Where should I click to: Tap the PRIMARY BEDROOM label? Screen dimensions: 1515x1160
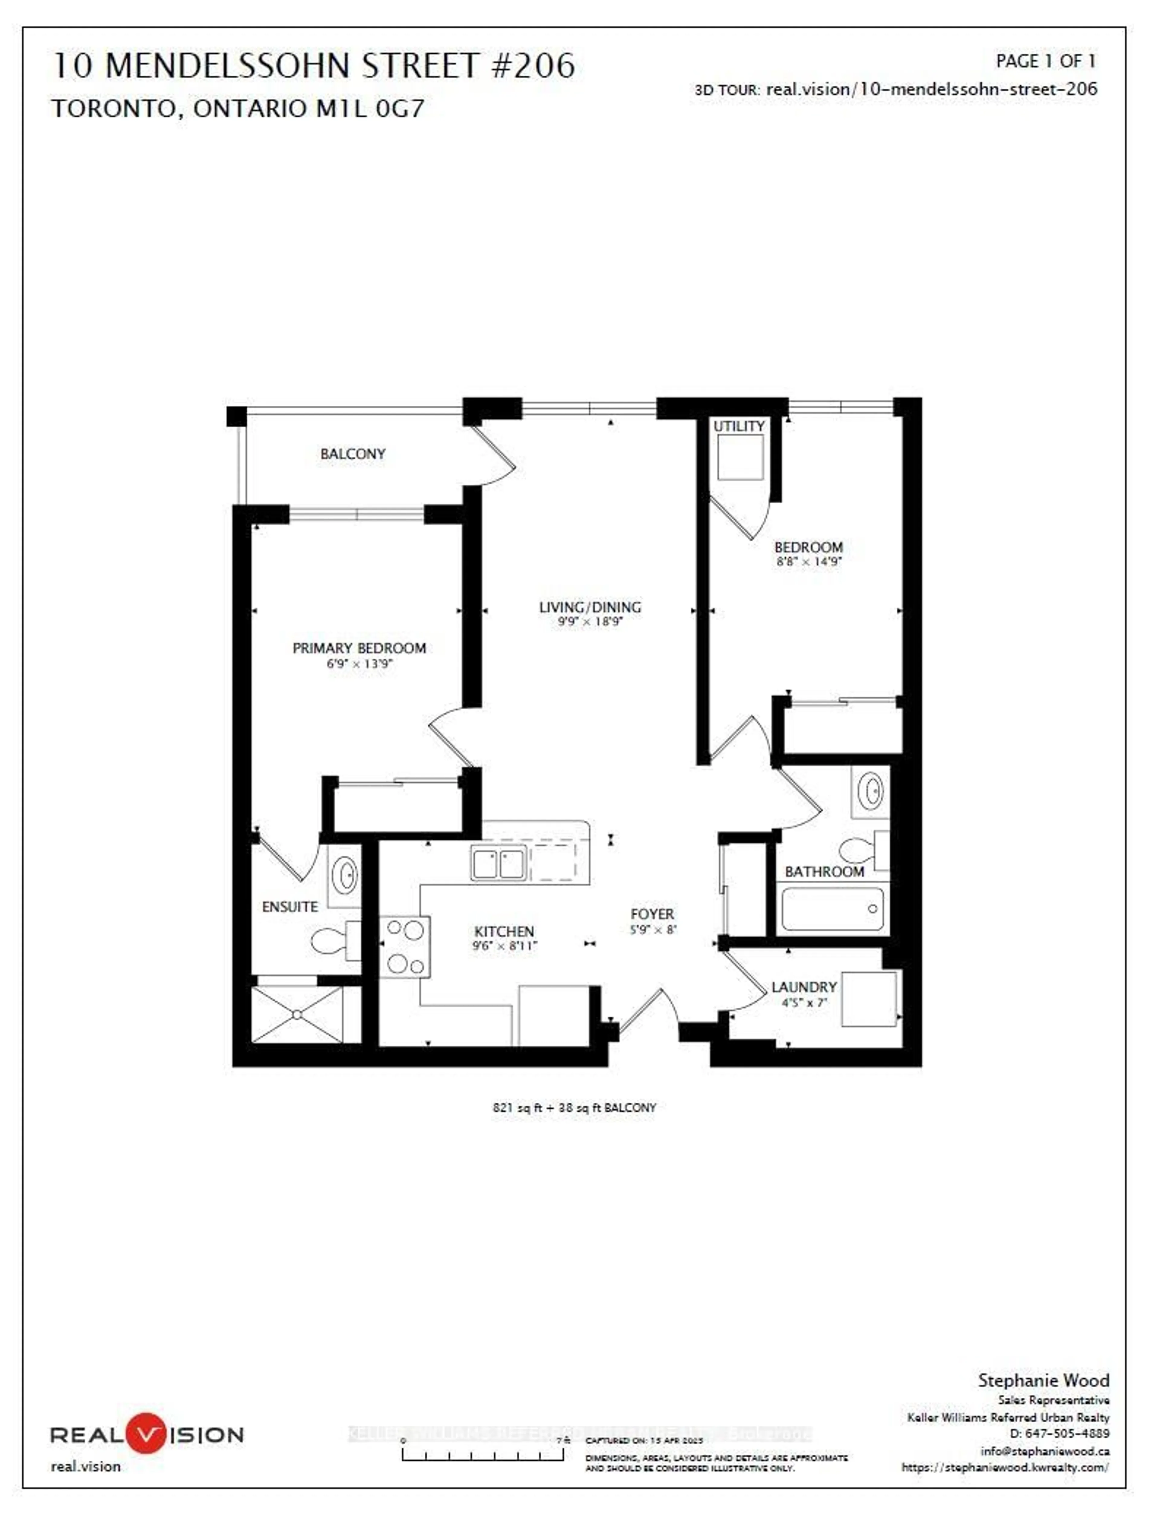(359, 648)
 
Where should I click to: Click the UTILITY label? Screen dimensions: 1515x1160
(739, 426)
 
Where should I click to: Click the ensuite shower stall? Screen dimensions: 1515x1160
(297, 1014)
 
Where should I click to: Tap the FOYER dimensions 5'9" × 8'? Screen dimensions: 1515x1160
(652, 930)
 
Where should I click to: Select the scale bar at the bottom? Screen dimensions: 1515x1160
(483, 1453)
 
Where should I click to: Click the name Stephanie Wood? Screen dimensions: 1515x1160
(1042, 1380)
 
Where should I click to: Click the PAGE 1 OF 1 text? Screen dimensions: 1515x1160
(1046, 61)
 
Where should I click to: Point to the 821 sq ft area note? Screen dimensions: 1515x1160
(574, 1107)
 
